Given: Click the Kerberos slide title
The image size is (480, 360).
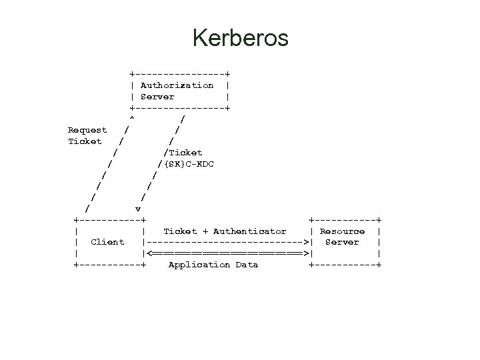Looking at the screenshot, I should point(240,38).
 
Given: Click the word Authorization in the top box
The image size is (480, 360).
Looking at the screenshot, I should point(177,85).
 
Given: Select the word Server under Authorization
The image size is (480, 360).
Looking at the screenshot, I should point(157,97).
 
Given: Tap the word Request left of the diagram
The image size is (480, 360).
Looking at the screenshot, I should point(87,130).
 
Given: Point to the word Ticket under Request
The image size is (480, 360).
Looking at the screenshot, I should point(85,141).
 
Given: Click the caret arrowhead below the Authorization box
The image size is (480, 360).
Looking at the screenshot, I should point(132,119).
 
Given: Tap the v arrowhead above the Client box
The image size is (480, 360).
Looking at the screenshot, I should point(138,209).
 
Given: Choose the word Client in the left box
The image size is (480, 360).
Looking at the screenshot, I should point(107,242).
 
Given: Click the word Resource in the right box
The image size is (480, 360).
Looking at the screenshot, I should point(342,231).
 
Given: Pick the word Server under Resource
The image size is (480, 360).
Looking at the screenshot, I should point(342,242).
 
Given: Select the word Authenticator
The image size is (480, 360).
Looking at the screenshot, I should point(250,231).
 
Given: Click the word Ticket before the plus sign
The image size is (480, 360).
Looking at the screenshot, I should point(180,231).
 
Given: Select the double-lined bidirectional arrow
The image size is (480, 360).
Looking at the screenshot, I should point(227,253).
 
